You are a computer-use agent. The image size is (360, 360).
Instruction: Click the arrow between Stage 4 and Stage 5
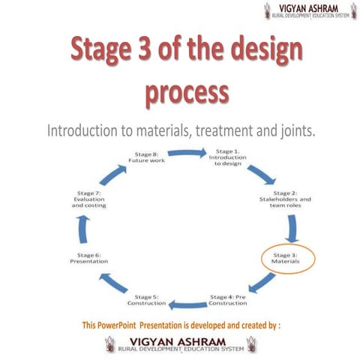[187, 304]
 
